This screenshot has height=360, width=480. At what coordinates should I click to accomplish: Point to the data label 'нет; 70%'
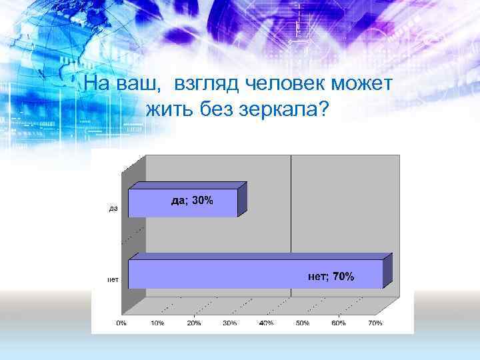pos(331,276)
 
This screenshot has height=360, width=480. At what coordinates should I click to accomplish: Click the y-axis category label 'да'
pos(113,209)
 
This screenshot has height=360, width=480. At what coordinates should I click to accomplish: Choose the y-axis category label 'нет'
pos(113,279)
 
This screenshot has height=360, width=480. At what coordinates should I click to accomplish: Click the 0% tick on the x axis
pos(121,323)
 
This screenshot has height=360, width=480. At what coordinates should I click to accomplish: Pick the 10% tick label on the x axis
pos(158,323)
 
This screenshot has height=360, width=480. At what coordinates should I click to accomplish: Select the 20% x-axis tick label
pos(194,323)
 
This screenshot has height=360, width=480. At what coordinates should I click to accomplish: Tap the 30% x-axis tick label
pos(230,323)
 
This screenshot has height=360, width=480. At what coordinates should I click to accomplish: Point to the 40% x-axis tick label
pos(266,323)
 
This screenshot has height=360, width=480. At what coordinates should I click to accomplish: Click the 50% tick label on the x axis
pos(303,323)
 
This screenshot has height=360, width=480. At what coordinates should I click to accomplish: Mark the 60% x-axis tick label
pos(339,323)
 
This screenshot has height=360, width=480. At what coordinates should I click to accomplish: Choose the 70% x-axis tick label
pos(375,323)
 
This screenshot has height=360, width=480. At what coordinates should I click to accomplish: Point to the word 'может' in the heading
pos(364,85)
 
